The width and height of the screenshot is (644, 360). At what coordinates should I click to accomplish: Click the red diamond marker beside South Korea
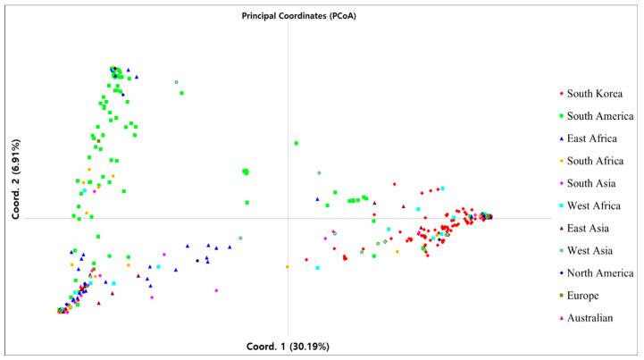tap(559, 93)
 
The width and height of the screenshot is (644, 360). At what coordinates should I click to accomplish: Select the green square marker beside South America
tap(559, 115)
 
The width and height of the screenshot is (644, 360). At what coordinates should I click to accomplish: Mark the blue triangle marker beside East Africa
tap(559, 138)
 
